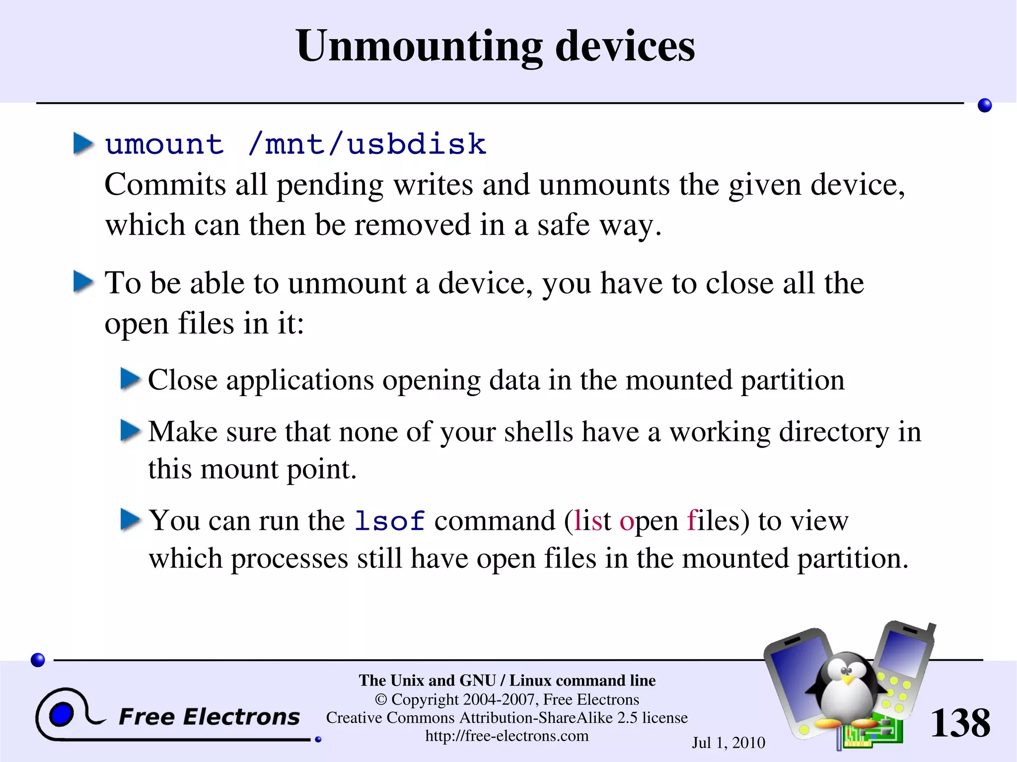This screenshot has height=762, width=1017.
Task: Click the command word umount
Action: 164,144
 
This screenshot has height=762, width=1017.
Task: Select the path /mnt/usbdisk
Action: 367,144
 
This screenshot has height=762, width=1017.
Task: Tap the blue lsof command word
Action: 390,521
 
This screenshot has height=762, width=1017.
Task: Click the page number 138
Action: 960,723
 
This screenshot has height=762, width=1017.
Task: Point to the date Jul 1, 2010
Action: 728,743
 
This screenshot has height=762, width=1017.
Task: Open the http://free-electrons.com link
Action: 507,736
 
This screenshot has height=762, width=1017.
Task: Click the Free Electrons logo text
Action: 209,717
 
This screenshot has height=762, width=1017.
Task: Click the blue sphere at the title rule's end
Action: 984,105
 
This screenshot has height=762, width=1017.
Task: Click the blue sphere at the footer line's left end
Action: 38,660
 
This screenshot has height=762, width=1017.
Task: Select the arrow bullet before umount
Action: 83,144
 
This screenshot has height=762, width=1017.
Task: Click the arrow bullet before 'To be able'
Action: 83,282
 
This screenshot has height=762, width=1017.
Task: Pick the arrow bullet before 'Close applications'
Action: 131,379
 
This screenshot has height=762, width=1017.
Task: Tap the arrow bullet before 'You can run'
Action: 131,520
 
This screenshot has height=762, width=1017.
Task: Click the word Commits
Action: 165,185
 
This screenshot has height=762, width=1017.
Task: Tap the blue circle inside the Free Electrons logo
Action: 61,715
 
